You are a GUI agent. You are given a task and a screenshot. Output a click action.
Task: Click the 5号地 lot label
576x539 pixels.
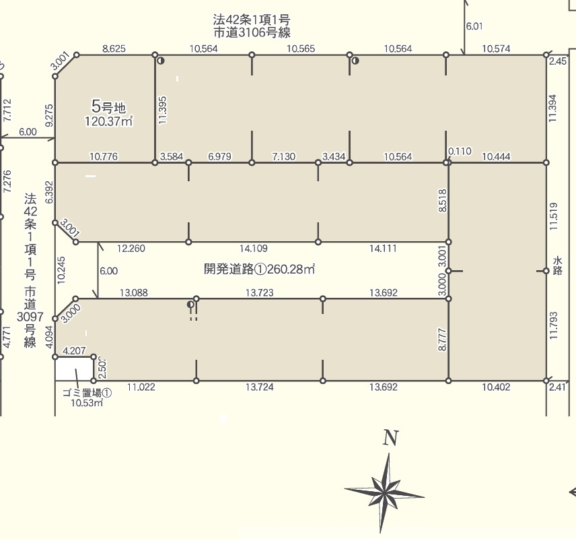[108, 106]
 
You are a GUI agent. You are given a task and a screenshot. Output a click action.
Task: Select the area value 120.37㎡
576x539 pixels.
[109, 121]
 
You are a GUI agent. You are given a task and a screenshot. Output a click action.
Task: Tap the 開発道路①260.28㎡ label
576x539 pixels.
[259, 269]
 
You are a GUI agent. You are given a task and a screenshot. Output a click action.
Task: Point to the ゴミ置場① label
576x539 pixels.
[87, 393]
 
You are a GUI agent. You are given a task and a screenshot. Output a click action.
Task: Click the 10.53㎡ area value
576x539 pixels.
[87, 402]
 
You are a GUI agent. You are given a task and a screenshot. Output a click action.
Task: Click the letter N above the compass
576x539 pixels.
[390, 438]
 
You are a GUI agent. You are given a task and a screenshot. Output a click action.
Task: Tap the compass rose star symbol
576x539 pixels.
[384, 493]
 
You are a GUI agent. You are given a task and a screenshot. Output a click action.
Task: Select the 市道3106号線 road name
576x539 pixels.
[252, 33]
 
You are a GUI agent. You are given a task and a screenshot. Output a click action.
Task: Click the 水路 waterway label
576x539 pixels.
[557, 266]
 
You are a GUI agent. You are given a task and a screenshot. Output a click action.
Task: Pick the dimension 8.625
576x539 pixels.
[114, 49]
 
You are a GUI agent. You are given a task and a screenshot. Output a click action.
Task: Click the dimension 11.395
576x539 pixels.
[163, 110]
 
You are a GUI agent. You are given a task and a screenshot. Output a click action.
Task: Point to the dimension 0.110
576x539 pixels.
[460, 151]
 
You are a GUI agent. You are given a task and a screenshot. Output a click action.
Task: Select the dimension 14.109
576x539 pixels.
[254, 249]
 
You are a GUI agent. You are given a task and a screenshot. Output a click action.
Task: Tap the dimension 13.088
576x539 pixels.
[134, 293]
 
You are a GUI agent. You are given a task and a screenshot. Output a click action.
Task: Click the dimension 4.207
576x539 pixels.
[74, 350]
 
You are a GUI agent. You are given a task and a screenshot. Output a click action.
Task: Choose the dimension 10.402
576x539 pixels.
[496, 387]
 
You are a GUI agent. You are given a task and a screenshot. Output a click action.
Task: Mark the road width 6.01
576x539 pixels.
[474, 26]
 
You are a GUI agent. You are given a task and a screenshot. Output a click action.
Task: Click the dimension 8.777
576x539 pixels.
[442, 340]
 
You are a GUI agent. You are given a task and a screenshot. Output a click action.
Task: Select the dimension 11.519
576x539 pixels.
[553, 216]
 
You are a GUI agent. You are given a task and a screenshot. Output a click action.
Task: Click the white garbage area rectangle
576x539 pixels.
[74, 369]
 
